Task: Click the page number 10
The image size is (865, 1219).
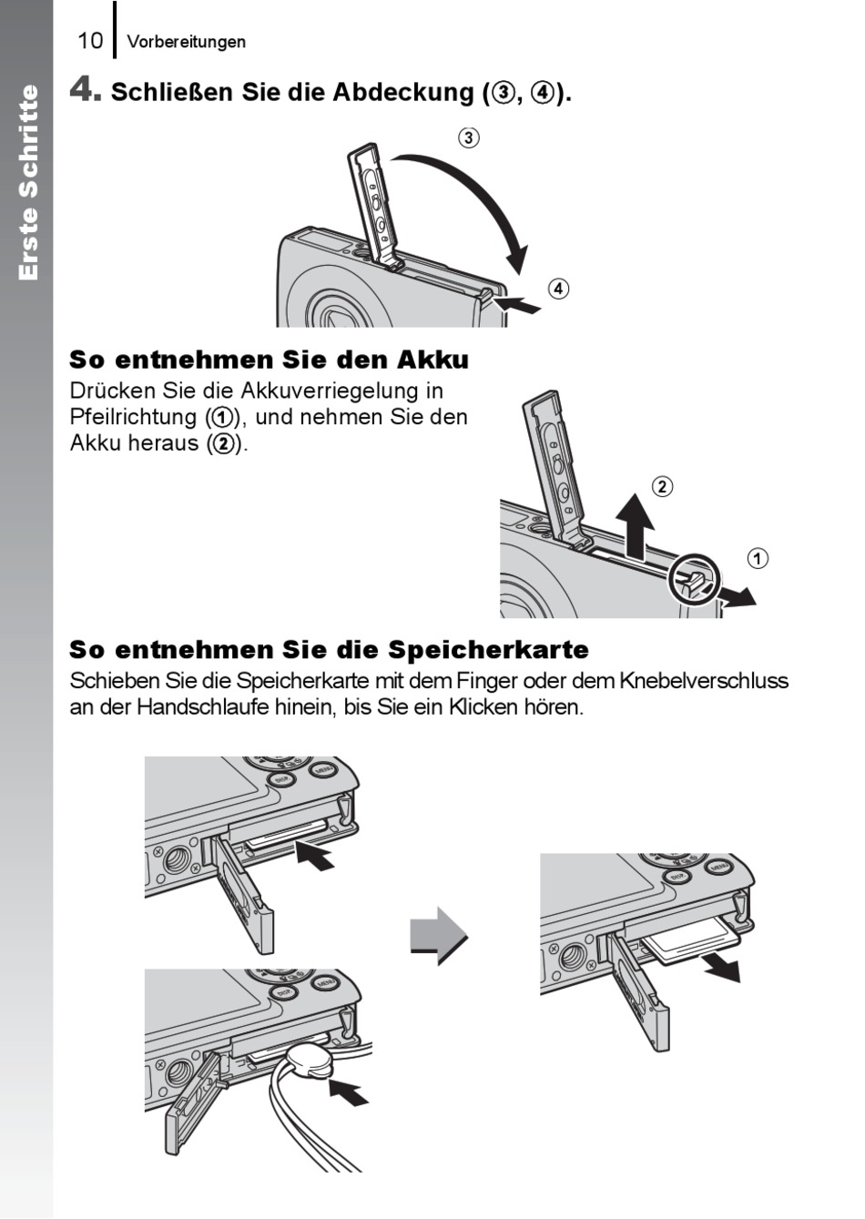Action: point(90,41)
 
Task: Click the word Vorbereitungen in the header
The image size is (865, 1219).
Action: point(186,42)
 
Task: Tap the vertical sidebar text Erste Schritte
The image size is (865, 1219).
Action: point(28,182)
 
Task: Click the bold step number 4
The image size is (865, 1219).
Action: point(83,90)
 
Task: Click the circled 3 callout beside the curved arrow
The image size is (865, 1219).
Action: point(468,138)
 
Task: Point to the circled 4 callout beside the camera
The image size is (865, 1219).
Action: point(558,290)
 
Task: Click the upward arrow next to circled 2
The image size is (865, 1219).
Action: point(635,528)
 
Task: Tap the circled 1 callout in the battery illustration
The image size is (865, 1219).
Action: point(758,558)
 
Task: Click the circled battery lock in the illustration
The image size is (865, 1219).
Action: point(694,580)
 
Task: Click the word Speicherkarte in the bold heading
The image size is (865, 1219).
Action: point(488,650)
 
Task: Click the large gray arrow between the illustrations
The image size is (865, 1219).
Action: point(439,935)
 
